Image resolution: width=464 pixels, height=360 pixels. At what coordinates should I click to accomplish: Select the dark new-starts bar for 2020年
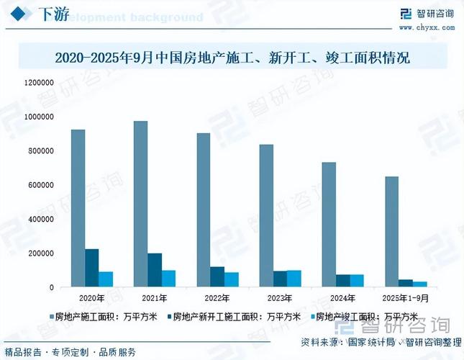tap(92, 268)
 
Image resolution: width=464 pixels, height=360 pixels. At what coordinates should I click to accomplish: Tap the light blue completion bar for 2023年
tap(294, 279)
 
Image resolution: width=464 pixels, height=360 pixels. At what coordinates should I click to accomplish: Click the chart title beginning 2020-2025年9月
tap(232, 57)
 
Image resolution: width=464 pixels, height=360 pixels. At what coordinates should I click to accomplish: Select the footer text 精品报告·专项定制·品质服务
tap(70, 352)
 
